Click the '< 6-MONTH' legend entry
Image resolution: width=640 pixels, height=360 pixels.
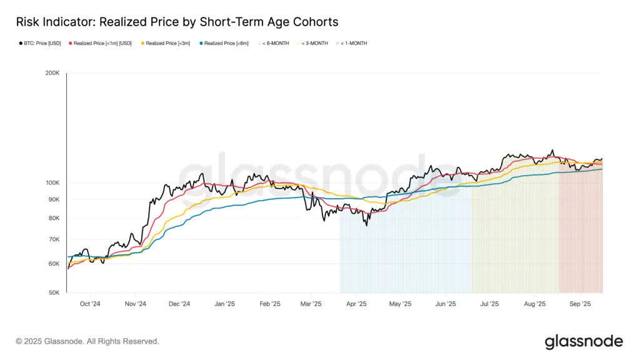(275, 43)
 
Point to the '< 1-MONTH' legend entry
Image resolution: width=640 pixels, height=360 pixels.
(353, 43)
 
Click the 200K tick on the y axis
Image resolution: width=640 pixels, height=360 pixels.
(52, 74)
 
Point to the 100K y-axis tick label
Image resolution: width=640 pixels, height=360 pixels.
(52, 183)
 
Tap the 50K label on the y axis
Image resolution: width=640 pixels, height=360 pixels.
(53, 292)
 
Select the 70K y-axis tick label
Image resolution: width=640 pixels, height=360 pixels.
(53, 239)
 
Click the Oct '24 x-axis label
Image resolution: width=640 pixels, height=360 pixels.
(90, 304)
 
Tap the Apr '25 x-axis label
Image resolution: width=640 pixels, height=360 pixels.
(356, 304)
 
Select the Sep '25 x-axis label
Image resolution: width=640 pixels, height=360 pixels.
(580, 304)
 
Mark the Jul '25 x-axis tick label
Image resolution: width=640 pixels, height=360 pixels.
(489, 304)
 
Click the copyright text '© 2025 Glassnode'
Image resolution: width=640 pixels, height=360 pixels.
(87, 341)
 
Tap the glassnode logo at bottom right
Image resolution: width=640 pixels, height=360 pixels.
(584, 341)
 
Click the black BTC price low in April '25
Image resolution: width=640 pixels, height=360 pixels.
(366, 225)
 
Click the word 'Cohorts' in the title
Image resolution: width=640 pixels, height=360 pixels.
(316, 22)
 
